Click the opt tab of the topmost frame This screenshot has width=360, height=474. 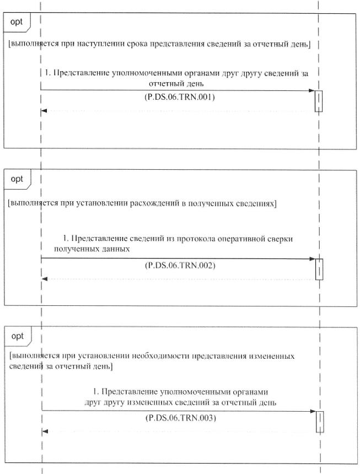[x=17, y=22]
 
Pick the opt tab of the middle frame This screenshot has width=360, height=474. [x=17, y=179]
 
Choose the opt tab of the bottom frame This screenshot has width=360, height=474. [x=17, y=335]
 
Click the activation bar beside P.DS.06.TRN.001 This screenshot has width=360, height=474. [x=318, y=101]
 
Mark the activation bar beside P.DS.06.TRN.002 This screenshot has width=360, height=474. [x=318, y=269]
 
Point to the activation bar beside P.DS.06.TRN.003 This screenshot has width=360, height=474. [x=319, y=422]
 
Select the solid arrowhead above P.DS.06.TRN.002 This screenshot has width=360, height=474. [x=311, y=258]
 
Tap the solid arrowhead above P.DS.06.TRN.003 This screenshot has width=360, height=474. [x=312, y=411]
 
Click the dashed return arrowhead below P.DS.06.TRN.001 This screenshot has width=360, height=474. [x=44, y=111]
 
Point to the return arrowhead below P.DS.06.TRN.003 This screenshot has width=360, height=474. [x=45, y=431]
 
